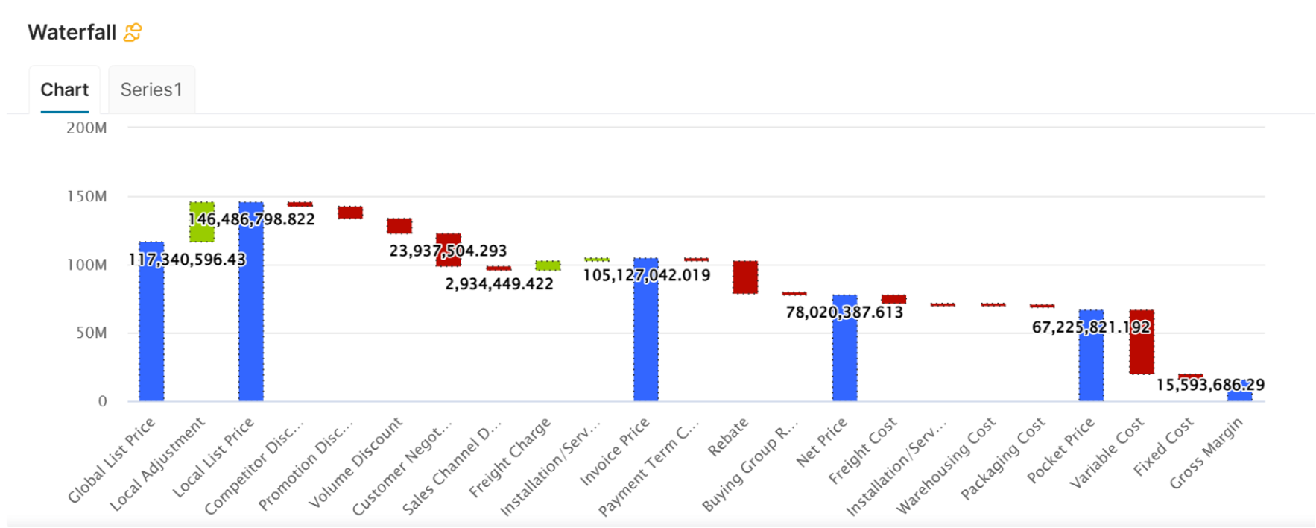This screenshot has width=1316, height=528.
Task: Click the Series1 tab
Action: [x=151, y=90]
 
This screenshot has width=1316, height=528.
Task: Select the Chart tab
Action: [x=65, y=90]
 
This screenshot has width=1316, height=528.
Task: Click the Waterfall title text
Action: [x=72, y=33]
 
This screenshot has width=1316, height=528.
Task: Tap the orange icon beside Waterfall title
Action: [x=133, y=33]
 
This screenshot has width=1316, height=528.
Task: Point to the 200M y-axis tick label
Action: [x=86, y=128]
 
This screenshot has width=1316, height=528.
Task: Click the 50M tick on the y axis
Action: [x=91, y=333]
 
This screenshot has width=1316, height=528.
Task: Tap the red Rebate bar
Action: [x=745, y=277]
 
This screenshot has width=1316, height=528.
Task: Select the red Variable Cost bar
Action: [x=1142, y=351]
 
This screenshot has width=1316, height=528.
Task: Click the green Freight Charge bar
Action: [x=548, y=265]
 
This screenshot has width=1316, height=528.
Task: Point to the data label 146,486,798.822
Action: [x=252, y=219]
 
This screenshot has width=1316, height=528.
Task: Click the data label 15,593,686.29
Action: [x=1210, y=385]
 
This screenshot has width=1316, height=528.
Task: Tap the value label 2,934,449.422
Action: [x=499, y=284]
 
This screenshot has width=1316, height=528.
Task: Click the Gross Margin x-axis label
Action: [x=1207, y=453]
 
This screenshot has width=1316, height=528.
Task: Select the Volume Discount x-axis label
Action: [x=356, y=462]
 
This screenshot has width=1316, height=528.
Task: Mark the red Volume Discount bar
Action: [x=399, y=226]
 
